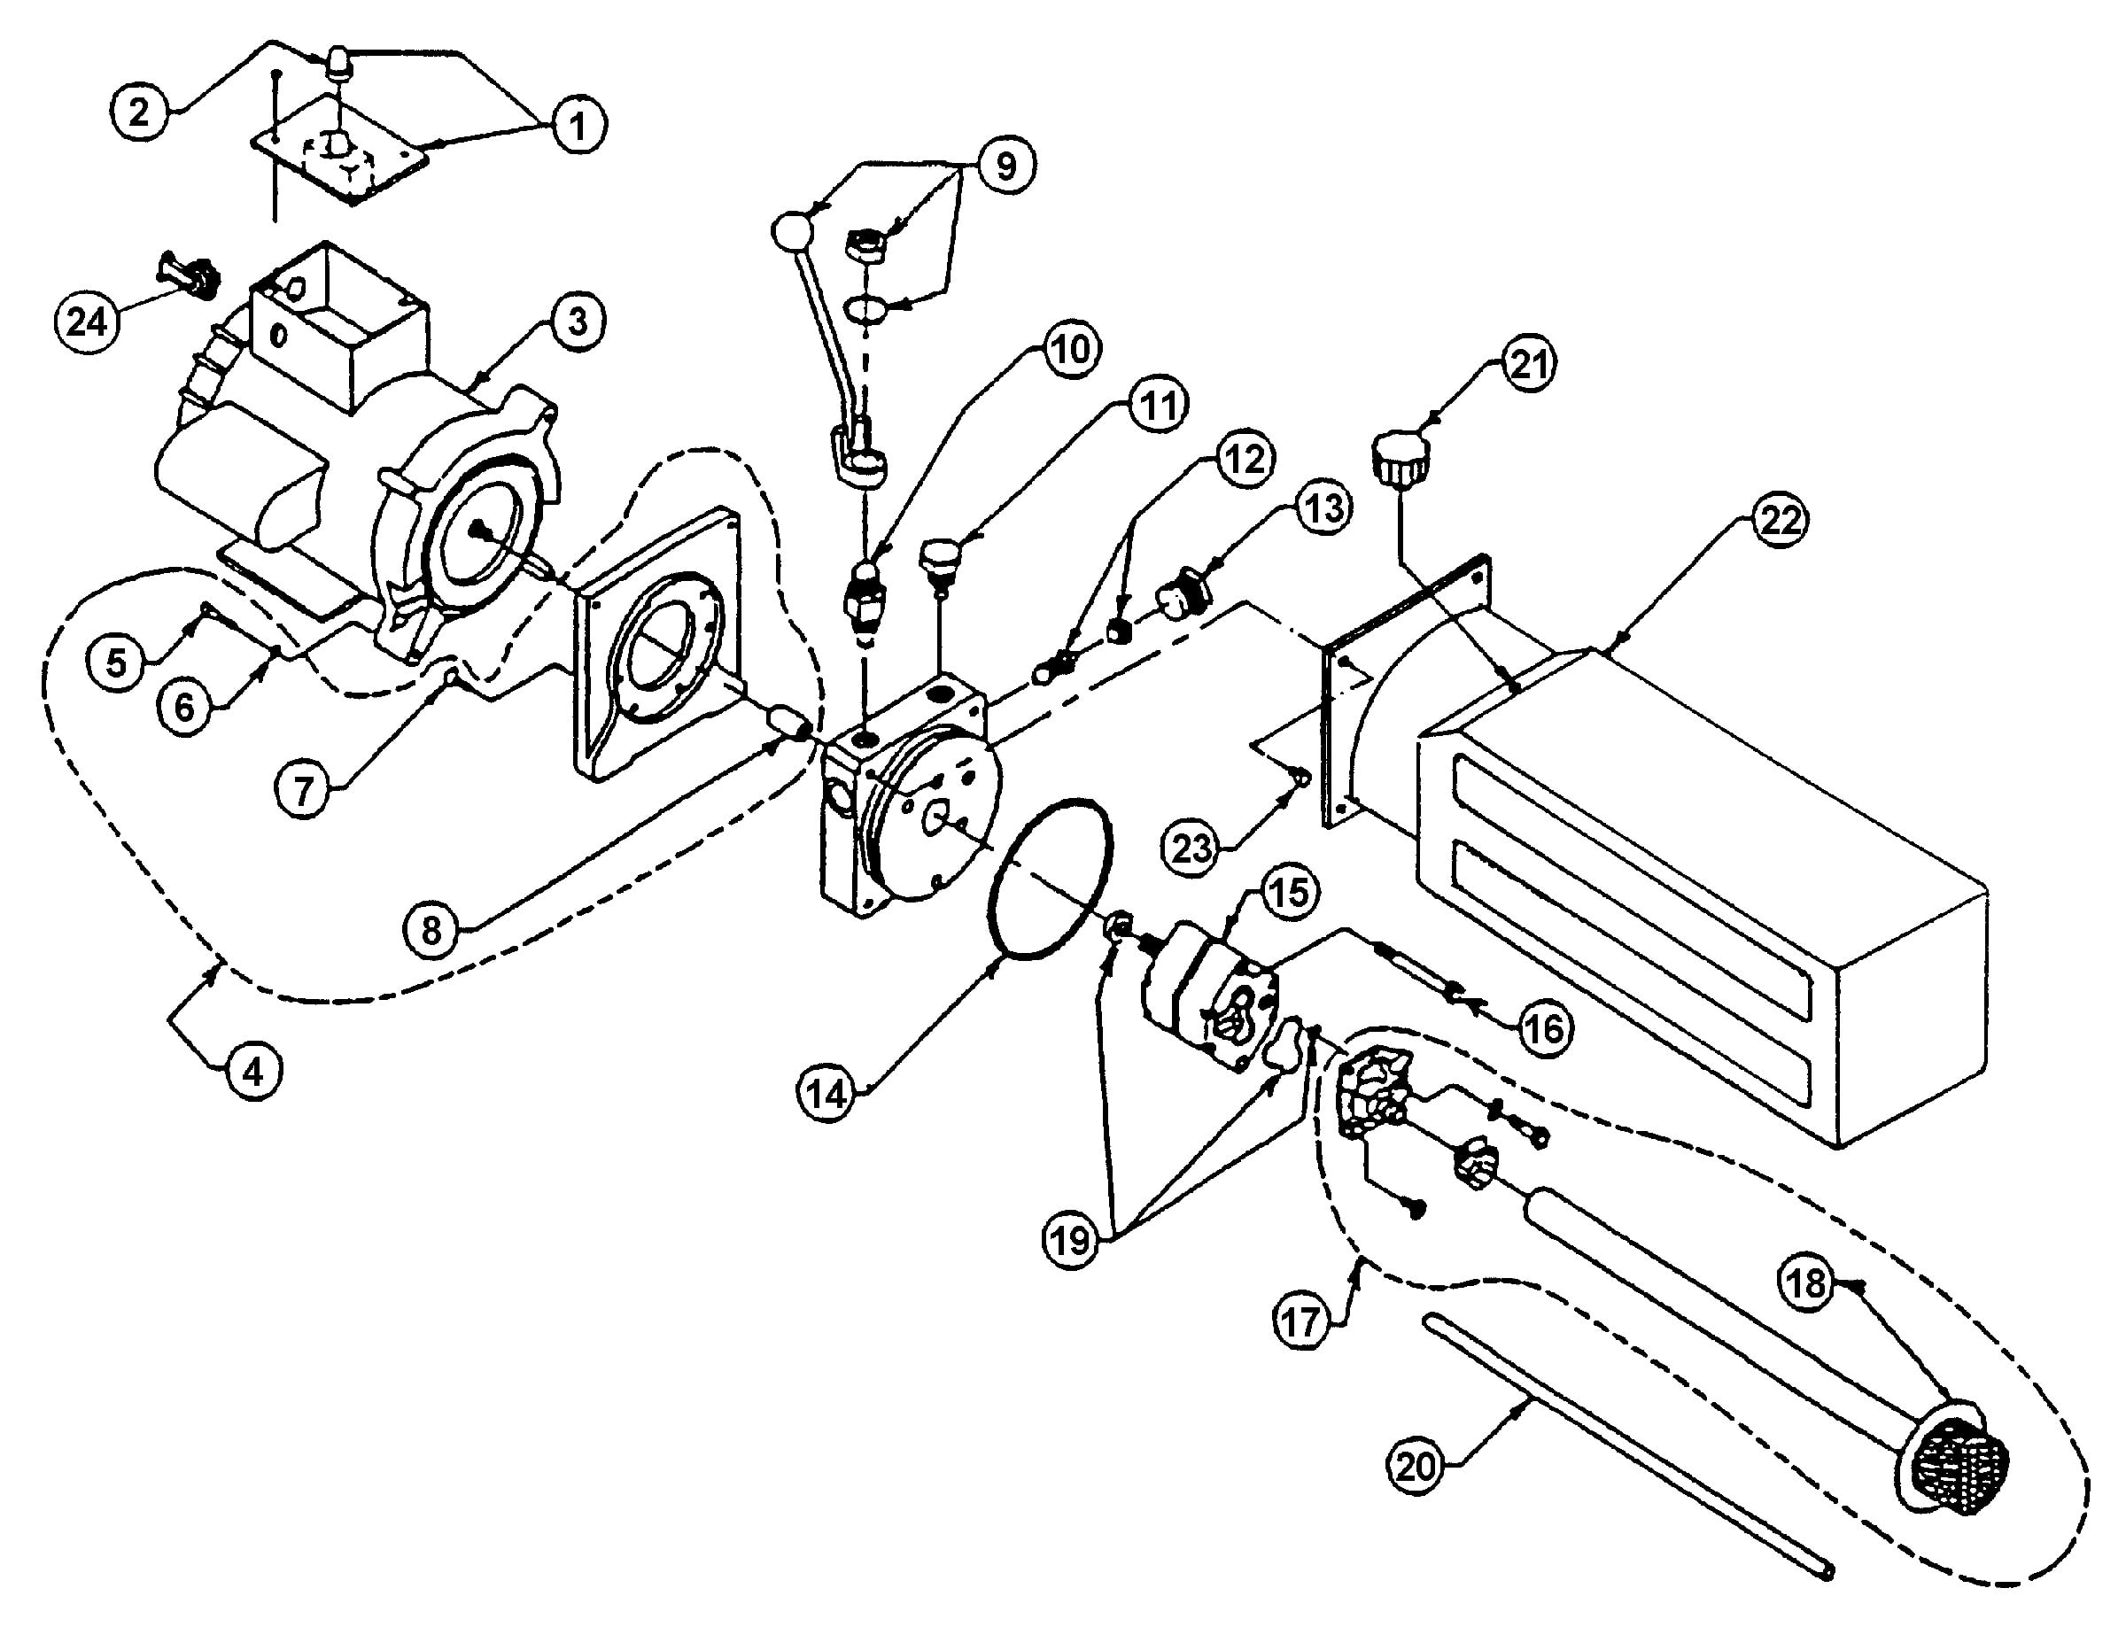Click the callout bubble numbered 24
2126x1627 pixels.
click(x=86, y=321)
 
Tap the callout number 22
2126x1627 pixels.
click(x=1781, y=522)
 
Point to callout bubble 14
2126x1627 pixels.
click(x=827, y=1095)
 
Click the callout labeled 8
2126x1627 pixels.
click(x=433, y=930)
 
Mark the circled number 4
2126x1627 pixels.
click(x=252, y=1072)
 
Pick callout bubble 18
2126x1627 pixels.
click(x=1806, y=1284)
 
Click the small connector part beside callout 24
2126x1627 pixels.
click(x=189, y=276)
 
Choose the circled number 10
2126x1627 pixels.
click(x=1069, y=349)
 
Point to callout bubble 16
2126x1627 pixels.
click(x=1545, y=1027)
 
